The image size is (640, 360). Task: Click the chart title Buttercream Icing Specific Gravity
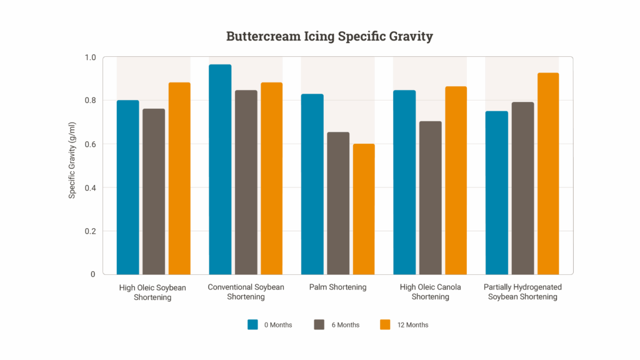tap(329, 36)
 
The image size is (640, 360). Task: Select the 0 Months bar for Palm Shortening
tap(312, 184)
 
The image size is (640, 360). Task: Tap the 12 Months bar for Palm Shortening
tap(364, 209)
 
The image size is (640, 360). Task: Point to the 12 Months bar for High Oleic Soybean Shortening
tap(179, 178)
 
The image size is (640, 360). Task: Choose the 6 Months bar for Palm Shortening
tap(338, 203)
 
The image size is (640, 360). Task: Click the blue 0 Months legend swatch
tap(253, 324)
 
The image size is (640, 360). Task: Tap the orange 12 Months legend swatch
tap(386, 324)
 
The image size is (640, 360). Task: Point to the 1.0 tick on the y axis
tap(90, 57)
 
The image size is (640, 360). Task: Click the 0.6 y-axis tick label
tap(90, 144)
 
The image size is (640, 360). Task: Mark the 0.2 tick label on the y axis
tap(90, 231)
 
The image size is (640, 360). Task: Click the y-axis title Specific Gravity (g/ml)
tap(72, 166)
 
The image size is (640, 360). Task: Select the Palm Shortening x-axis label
tap(337, 287)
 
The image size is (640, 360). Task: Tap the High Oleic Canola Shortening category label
tap(430, 292)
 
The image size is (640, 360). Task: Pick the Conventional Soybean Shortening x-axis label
tap(246, 292)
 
